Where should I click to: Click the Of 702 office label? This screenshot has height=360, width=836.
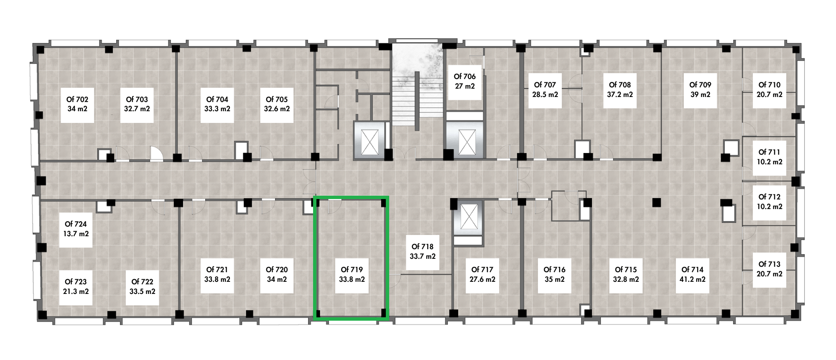[x=77, y=104]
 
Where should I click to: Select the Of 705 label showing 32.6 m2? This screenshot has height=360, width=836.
[x=277, y=104]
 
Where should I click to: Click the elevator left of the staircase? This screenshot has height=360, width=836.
[x=370, y=140]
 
